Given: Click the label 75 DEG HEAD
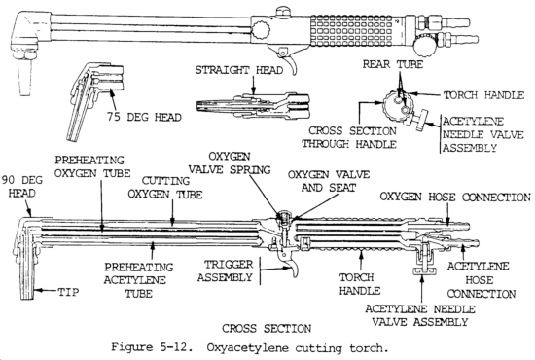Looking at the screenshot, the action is click(x=144, y=117).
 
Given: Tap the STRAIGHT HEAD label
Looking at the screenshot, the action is click(x=239, y=70).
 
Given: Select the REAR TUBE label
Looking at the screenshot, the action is click(x=392, y=64).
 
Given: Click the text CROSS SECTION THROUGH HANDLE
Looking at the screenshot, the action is click(x=349, y=137).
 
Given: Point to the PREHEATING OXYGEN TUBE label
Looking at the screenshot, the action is click(x=92, y=166).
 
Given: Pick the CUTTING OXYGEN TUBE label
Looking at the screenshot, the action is click(x=165, y=188).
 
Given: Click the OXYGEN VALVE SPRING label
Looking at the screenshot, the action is click(x=230, y=163).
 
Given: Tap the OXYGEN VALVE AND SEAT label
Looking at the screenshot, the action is click(x=329, y=181).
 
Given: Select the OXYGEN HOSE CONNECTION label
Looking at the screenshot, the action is click(x=455, y=198).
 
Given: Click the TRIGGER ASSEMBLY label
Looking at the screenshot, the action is click(x=226, y=270).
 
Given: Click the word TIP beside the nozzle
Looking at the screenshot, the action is click(x=68, y=292).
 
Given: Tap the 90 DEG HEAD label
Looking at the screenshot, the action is click(x=22, y=187).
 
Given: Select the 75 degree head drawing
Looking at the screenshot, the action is click(x=94, y=101).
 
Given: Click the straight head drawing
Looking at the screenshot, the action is click(x=253, y=105).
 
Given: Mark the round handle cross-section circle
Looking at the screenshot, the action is click(x=397, y=105).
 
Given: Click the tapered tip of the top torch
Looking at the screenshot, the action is click(x=24, y=76).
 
